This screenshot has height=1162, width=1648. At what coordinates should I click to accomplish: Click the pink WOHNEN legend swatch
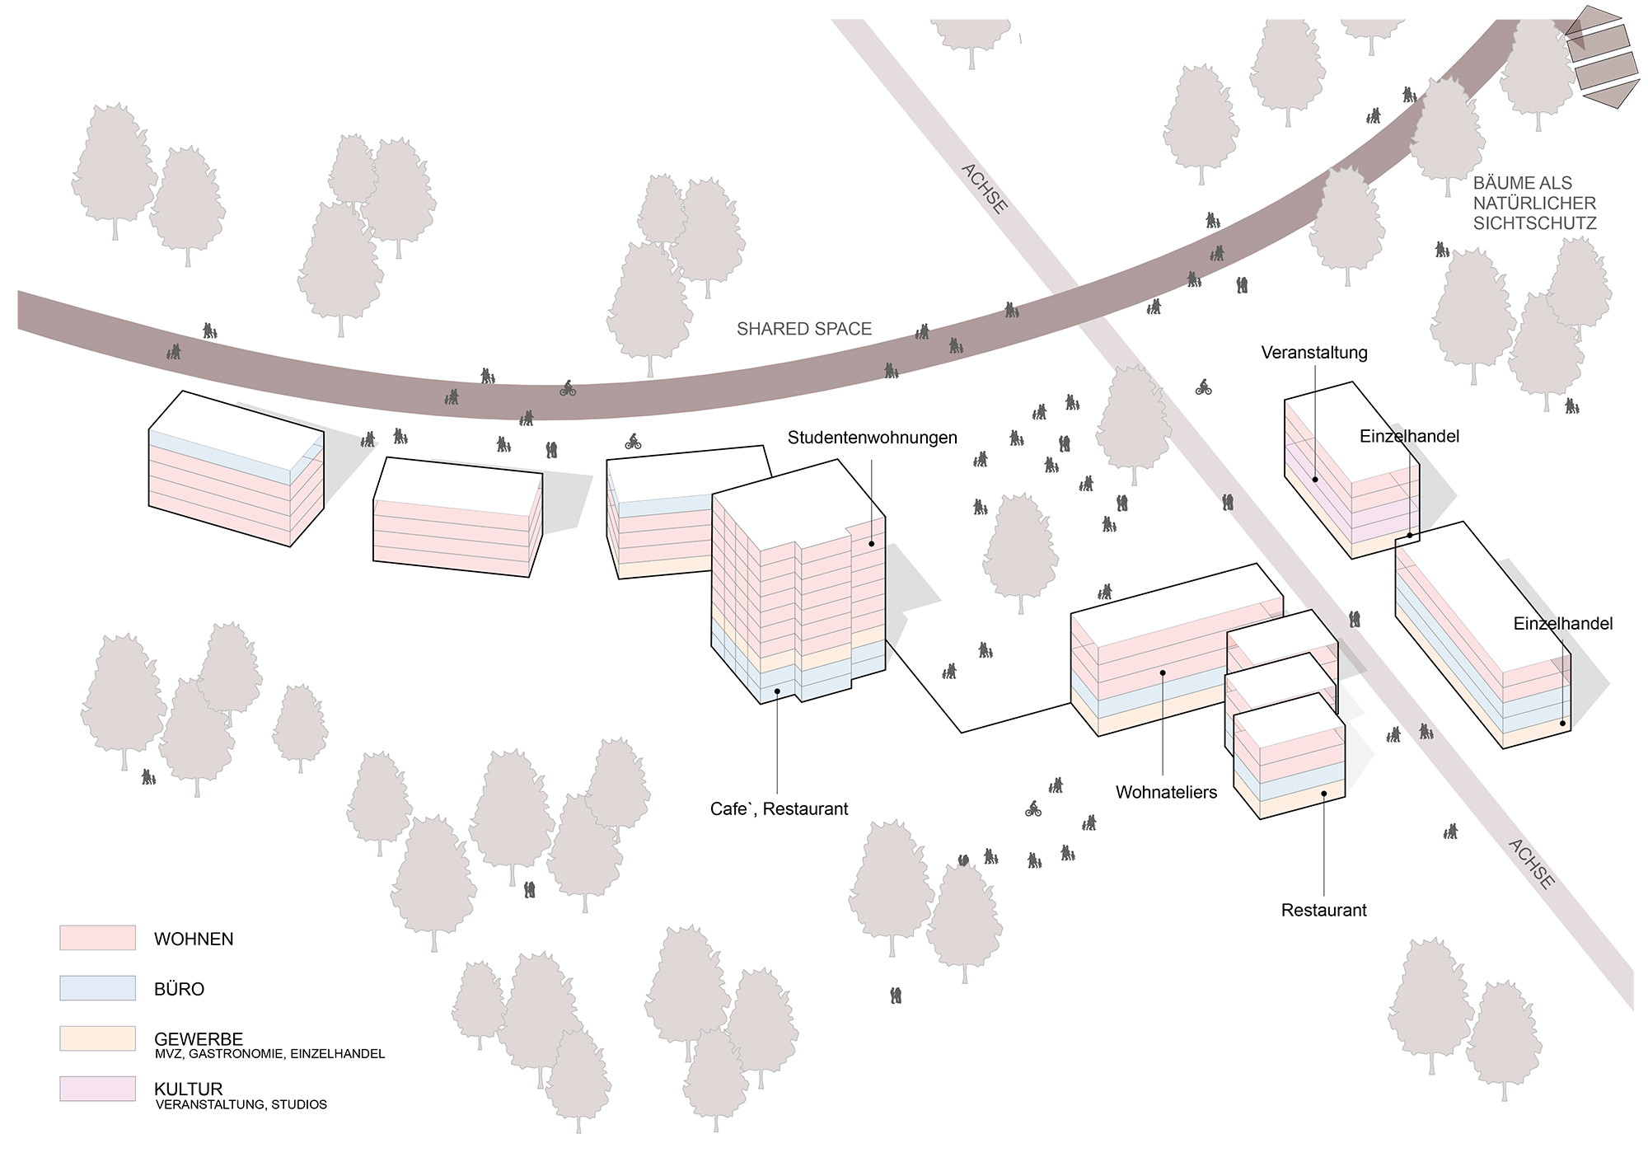tap(97, 938)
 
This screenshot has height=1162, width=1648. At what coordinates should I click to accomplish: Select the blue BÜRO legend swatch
tap(97, 988)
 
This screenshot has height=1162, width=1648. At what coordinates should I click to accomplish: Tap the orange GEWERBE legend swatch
tap(97, 1038)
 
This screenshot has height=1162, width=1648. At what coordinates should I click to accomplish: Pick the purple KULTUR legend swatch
tap(97, 1089)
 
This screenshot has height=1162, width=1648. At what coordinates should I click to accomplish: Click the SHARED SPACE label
tap(804, 329)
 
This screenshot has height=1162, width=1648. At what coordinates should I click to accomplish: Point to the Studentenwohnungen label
tap(873, 438)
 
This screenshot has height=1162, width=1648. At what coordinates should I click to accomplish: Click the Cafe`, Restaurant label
tap(779, 809)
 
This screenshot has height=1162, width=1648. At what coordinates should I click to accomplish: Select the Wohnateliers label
tap(1166, 793)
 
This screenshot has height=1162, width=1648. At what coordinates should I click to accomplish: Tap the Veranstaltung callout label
tap(1314, 353)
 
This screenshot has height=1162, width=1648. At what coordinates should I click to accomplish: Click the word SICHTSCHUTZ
tap(1535, 223)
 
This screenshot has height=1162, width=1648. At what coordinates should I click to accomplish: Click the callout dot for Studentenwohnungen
tap(871, 544)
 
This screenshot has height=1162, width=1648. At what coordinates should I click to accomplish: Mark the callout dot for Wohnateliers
tap(1163, 672)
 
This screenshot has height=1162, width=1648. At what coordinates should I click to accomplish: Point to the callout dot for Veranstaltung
tap(1315, 479)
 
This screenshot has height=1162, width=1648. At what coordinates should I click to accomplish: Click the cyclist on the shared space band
tap(568, 388)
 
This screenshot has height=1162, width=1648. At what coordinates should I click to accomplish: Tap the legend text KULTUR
tap(189, 1089)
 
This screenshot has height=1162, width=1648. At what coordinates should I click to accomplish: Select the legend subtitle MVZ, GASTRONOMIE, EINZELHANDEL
tap(269, 1054)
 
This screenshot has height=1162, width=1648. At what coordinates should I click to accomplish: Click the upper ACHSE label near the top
tap(985, 189)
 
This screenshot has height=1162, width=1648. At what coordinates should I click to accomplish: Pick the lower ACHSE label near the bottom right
tap(1532, 864)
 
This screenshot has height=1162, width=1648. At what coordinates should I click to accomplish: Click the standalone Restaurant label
tap(1323, 911)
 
